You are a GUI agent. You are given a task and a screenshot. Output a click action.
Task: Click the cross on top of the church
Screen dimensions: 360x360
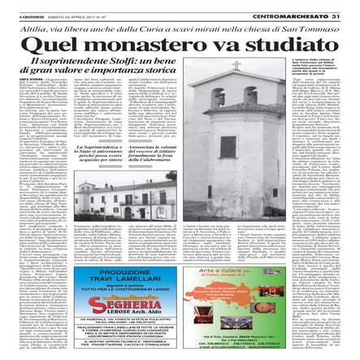click(236, 65)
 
